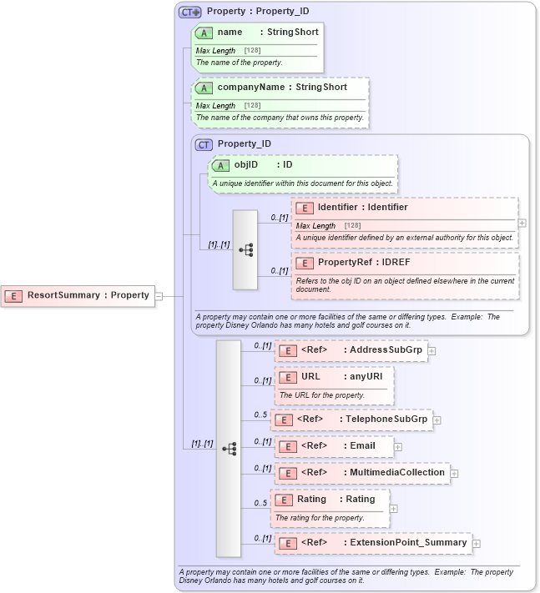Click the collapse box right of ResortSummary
[x=159, y=295]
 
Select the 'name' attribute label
[x=230, y=33]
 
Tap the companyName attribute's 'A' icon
[x=204, y=88]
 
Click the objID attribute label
[x=245, y=165]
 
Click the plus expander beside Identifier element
[x=522, y=224]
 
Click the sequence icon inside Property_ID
[x=245, y=249]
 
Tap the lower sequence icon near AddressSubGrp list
[x=229, y=449]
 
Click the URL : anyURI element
[x=334, y=377]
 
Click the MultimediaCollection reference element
[x=362, y=473]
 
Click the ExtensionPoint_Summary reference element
[x=373, y=543]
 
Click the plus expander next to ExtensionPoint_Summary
[x=476, y=544]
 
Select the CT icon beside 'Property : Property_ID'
[x=189, y=13]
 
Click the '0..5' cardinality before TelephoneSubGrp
[x=260, y=415]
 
